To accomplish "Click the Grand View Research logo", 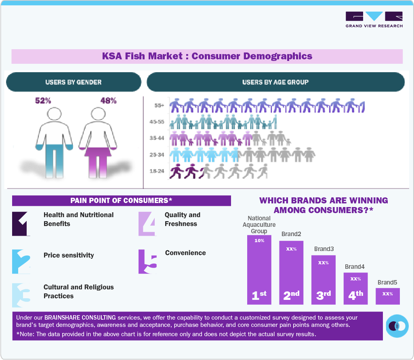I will [x=374, y=19].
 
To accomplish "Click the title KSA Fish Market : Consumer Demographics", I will [x=207, y=56].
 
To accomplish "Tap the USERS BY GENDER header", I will [x=73, y=82].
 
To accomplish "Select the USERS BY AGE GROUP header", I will [x=275, y=82].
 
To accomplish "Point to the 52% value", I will [x=43, y=101].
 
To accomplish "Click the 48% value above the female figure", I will [x=108, y=101].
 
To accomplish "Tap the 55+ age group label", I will [x=159, y=106].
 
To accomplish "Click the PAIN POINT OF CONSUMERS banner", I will [x=121, y=201].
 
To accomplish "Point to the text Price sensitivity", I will [x=69, y=255].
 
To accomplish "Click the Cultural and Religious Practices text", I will [x=78, y=291].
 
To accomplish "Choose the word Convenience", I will [x=185, y=253].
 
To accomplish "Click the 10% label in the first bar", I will [x=259, y=241].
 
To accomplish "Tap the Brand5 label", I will [x=387, y=282].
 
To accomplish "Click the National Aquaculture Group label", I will [x=259, y=225].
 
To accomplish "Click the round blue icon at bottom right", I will [x=397, y=325].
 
